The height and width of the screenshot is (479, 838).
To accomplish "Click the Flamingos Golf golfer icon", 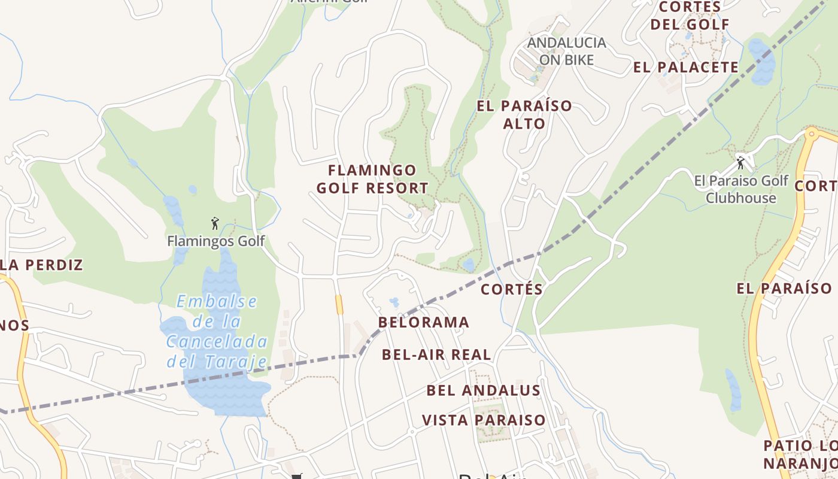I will (x=215, y=223).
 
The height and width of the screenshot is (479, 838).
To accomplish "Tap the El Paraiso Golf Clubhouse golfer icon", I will (x=741, y=162).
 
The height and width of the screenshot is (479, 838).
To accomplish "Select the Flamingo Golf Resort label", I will (x=372, y=179).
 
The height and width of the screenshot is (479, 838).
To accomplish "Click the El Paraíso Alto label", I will (x=524, y=115).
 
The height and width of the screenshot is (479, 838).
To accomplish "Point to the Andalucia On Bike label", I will (x=566, y=51).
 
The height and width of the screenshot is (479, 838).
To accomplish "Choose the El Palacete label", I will (x=686, y=67).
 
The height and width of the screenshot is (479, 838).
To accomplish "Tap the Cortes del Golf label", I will (x=690, y=16).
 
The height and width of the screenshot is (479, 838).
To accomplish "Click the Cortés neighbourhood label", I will (x=512, y=290).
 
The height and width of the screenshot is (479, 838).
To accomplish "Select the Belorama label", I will (x=424, y=323).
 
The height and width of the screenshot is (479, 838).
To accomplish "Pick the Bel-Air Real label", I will (x=436, y=354).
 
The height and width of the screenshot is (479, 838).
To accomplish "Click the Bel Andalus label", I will (x=484, y=391).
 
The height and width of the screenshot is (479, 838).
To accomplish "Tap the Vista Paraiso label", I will (x=484, y=420).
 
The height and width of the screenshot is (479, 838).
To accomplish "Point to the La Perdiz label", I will (x=41, y=265).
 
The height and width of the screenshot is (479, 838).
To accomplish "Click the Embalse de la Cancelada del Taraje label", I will (x=217, y=331).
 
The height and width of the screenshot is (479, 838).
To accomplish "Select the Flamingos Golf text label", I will (x=215, y=241).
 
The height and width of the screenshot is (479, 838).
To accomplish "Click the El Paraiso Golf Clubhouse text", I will (x=741, y=189).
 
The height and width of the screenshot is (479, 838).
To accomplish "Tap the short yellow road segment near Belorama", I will (x=339, y=304).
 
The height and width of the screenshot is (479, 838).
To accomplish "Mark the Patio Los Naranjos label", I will (x=800, y=454).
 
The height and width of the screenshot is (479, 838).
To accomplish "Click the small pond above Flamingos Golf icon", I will (x=172, y=207).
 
